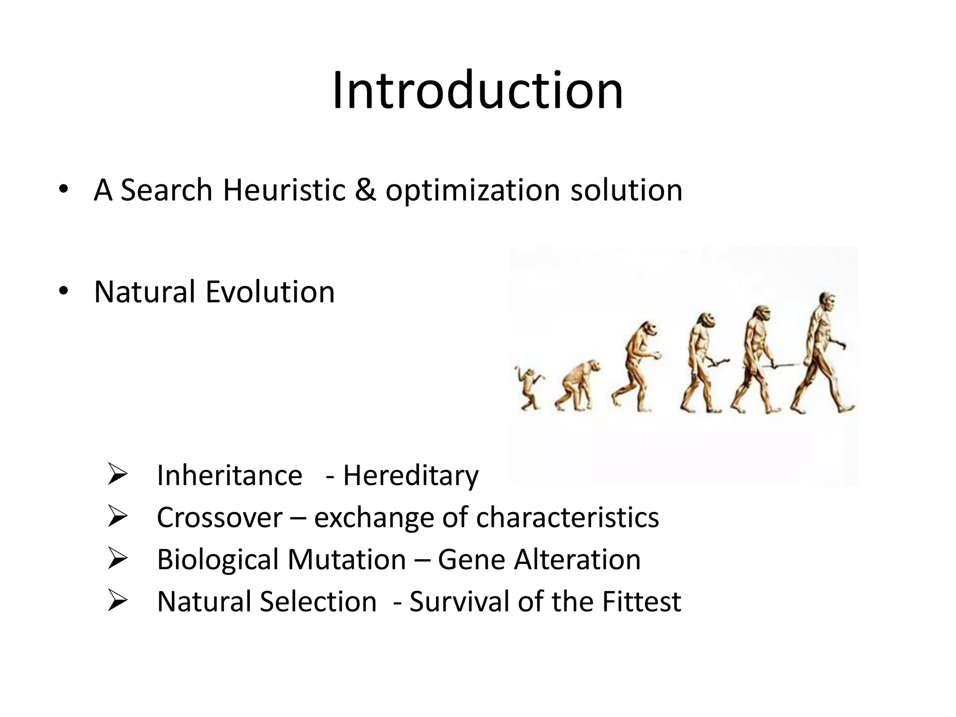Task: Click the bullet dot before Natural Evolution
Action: (63, 291)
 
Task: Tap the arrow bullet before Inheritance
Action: (117, 474)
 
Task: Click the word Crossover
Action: (219, 517)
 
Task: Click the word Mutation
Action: (346, 559)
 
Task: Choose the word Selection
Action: (318, 601)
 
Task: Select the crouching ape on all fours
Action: (577, 386)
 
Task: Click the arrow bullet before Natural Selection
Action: (117, 600)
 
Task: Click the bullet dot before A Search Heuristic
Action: (63, 190)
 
